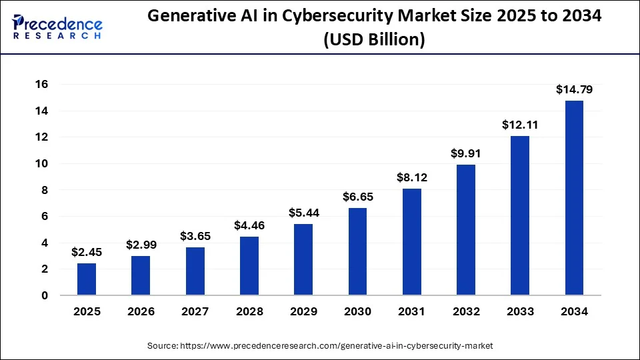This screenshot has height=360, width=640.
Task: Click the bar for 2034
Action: (x=574, y=198)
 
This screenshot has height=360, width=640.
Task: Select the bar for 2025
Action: (x=87, y=279)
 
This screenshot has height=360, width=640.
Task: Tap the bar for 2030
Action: (x=357, y=251)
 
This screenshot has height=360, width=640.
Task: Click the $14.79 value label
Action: (x=574, y=89)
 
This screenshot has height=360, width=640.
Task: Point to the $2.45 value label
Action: (x=87, y=252)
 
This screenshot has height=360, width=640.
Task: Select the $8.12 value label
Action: (x=411, y=177)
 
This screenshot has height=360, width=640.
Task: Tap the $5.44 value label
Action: (x=303, y=213)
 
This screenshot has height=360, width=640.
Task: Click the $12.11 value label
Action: (x=520, y=125)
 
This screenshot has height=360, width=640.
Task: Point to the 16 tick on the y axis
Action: (x=43, y=85)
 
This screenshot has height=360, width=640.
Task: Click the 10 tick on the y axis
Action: (x=43, y=164)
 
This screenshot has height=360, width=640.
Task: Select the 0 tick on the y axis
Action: (x=45, y=295)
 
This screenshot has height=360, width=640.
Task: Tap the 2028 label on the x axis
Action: (x=249, y=311)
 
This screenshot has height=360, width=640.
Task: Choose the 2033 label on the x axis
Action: (x=520, y=311)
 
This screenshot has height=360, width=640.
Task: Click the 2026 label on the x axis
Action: (x=141, y=311)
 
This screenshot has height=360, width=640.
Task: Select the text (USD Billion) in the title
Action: (x=374, y=40)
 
